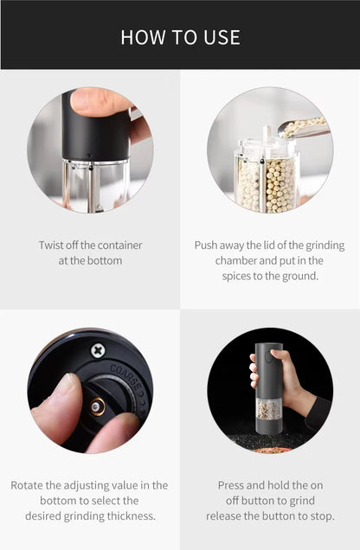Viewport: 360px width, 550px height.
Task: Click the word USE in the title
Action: pos(222,37)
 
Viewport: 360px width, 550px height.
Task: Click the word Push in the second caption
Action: pos(208,246)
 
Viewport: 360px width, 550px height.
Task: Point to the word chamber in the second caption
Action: pos(236,260)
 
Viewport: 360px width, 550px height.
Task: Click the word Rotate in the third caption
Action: pos(28,485)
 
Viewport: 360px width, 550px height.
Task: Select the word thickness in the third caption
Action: pos(132,515)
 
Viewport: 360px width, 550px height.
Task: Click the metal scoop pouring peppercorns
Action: pos(303,128)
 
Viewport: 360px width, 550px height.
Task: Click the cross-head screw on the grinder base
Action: pos(98,350)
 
